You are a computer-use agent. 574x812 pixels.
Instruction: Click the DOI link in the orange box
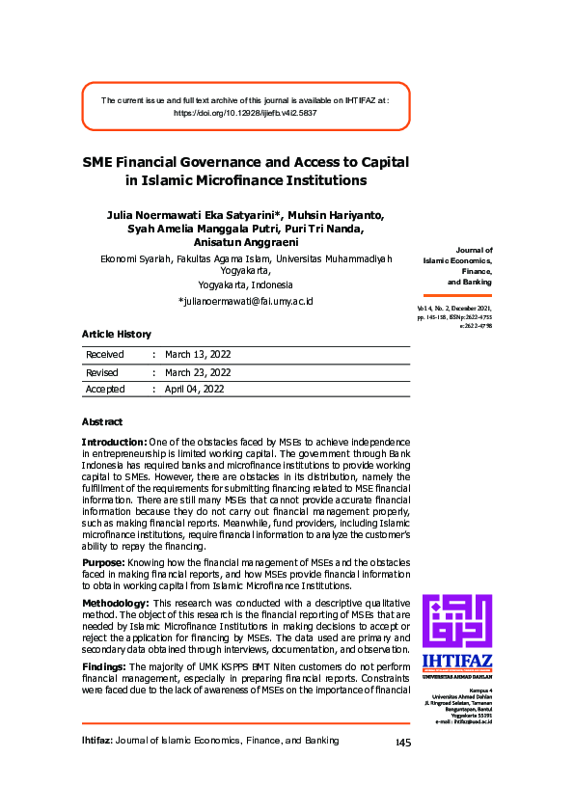[x=245, y=113]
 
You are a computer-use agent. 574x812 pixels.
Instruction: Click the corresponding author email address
[x=246, y=302]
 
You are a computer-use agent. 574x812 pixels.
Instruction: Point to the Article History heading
[x=116, y=335]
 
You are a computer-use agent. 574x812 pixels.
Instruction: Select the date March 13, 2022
[x=198, y=355]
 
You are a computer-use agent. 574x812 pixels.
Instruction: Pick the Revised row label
[x=102, y=372]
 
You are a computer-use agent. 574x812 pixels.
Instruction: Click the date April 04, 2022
[x=194, y=390]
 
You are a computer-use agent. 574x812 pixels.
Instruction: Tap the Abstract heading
[x=102, y=422]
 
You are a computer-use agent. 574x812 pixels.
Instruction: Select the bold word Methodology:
[x=113, y=602]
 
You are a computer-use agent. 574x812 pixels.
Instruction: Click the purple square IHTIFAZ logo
[x=456, y=621]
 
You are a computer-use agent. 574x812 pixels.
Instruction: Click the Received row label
[x=105, y=355]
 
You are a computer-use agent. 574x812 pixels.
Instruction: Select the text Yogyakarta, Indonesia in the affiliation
[x=245, y=285]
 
